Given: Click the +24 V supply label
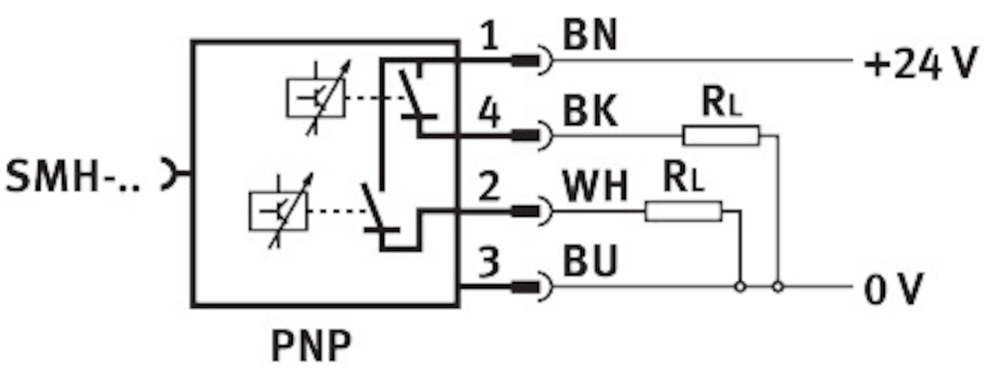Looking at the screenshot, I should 922,63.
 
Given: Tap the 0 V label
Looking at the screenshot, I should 895,288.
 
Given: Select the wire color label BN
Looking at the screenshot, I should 590,38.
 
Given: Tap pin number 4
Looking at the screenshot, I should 489,113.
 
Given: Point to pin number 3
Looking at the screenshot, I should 489,264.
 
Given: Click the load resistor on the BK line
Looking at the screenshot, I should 722,135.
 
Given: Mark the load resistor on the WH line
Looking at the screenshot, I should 683,212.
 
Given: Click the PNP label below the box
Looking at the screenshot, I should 312,347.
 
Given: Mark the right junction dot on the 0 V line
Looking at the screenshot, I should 778,287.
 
